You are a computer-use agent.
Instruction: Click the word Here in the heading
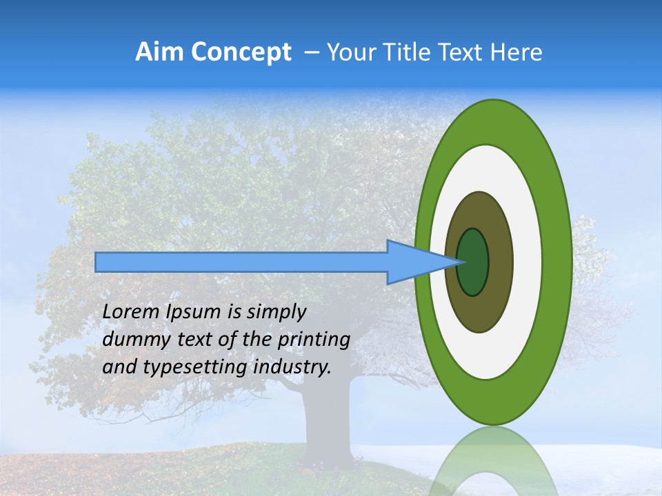pos(516,52)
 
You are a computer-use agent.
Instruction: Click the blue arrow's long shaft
pos(241,262)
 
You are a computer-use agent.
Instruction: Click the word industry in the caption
pos(292,368)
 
